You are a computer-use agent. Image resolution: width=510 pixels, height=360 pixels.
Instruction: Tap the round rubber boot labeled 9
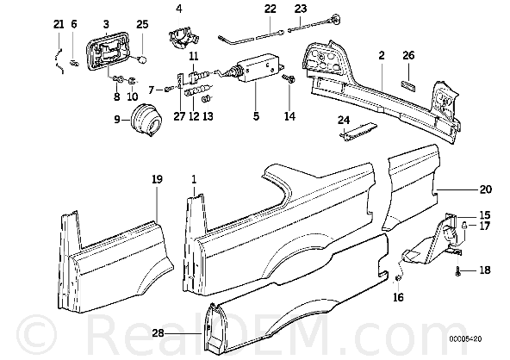click(146, 120)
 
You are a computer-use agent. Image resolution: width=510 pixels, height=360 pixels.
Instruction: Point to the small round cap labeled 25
click(142, 59)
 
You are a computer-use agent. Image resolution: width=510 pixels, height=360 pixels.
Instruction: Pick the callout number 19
click(157, 179)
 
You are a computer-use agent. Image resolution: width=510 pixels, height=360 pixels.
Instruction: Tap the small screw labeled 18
click(458, 271)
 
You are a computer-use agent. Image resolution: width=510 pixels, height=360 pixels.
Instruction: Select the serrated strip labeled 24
click(358, 132)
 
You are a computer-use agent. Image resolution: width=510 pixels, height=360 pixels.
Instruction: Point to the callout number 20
click(486, 189)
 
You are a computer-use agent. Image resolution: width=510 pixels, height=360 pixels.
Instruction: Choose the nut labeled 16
click(397, 277)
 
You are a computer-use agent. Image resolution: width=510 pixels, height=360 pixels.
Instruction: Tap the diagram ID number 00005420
click(466, 339)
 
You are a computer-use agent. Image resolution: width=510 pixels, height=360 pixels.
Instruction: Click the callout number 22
click(270, 9)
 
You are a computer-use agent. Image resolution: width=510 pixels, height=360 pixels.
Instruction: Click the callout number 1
click(194, 179)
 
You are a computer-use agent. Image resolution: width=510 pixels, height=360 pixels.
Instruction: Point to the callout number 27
click(179, 116)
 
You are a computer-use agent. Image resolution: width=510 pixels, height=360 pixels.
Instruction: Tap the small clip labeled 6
click(75, 62)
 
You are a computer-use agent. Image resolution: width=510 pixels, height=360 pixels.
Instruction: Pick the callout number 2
click(382, 55)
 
